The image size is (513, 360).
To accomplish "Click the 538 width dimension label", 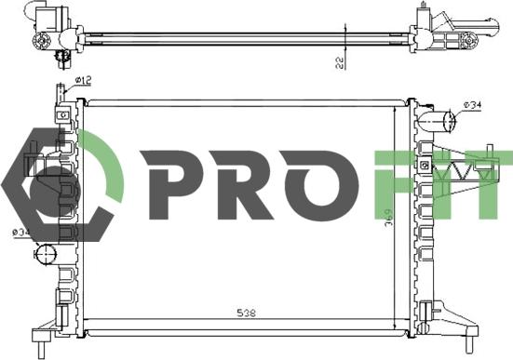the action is [x=246, y=313].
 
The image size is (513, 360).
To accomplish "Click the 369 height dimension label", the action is [x=388, y=220].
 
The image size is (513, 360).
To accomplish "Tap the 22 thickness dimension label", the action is [x=340, y=62].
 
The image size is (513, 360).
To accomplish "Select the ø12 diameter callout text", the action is [x=83, y=80].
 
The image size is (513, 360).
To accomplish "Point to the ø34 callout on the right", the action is [x=472, y=105].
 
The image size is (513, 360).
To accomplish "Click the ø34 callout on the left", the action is [x=20, y=233].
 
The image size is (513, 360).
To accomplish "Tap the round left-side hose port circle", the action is [x=45, y=254].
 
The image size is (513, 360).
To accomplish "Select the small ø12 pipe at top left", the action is [x=61, y=93].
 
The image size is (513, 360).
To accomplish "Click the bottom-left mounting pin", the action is [x=42, y=351].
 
